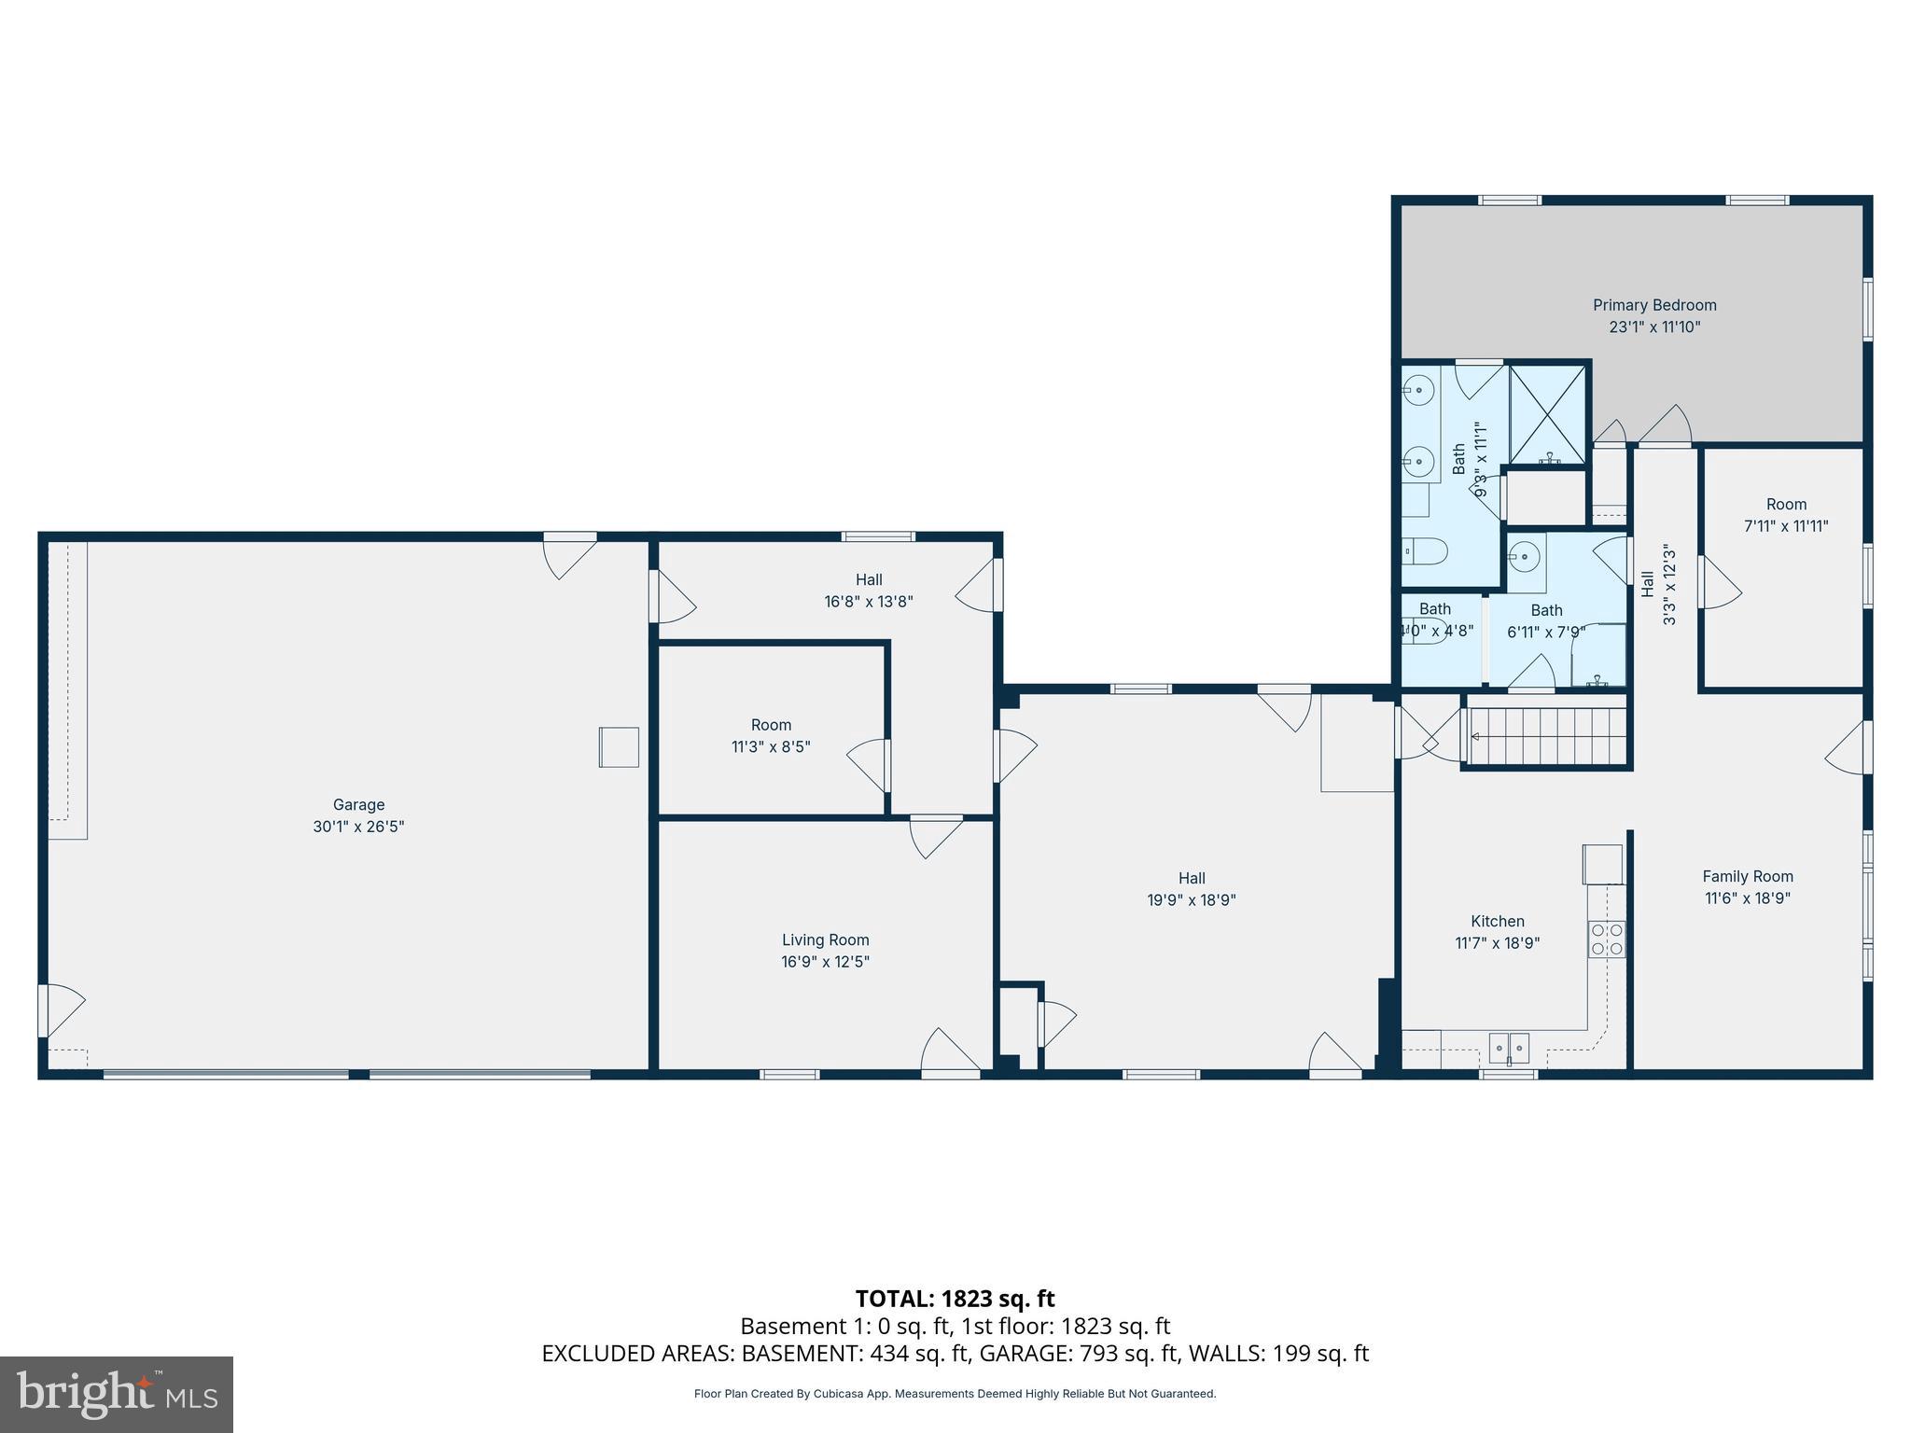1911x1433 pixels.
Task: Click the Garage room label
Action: (358, 804)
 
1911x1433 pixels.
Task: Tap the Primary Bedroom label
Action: (1653, 305)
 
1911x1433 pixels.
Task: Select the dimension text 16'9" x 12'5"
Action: (825, 962)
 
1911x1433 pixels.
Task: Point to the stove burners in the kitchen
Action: (1607, 939)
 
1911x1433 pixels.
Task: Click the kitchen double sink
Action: (1509, 1049)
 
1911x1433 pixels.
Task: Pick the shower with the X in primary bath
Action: (1547, 415)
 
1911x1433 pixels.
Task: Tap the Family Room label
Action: (1747, 876)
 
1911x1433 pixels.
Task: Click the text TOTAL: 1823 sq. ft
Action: (955, 1299)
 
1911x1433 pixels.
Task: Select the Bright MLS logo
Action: (117, 1395)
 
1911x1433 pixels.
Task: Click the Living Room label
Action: (825, 939)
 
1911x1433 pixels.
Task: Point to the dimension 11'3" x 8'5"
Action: (771, 746)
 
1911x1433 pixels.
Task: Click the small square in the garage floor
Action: (619, 747)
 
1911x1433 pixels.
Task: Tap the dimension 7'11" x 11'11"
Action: (1785, 526)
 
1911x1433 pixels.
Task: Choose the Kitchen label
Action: (1497, 921)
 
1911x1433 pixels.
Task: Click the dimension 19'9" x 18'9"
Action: (1191, 900)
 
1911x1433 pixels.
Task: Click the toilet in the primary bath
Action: (1426, 552)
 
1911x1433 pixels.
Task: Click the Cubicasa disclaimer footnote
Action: (955, 1394)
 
